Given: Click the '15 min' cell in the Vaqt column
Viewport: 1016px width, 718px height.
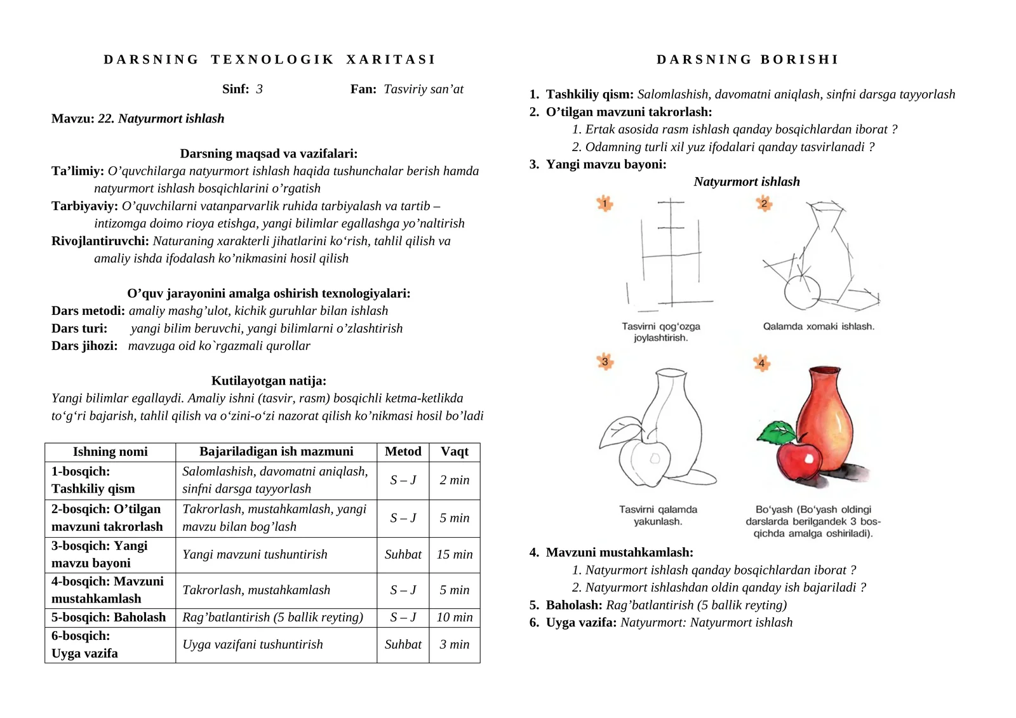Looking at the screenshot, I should pyautogui.click(x=455, y=554).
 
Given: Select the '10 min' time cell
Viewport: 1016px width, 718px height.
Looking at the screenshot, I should pyautogui.click(x=455, y=617).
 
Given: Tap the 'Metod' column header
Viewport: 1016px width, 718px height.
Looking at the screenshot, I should pyautogui.click(x=403, y=451).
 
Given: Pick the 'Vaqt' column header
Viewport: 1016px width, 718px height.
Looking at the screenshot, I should pyautogui.click(x=455, y=451).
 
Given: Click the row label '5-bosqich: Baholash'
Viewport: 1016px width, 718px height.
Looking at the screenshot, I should pyautogui.click(x=109, y=617).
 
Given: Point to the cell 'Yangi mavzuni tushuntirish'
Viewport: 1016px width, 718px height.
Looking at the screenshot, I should pyautogui.click(x=255, y=554).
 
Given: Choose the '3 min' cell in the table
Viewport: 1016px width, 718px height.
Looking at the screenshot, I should pyautogui.click(x=455, y=644).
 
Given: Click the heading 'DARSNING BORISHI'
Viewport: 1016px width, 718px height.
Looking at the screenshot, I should pyautogui.click(x=747, y=60).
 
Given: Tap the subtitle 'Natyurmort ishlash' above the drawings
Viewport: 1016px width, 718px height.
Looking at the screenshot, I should pyautogui.click(x=747, y=182).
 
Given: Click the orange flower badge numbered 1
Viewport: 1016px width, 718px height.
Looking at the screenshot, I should pyautogui.click(x=605, y=204).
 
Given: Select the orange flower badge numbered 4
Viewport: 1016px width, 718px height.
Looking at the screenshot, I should pyautogui.click(x=761, y=363).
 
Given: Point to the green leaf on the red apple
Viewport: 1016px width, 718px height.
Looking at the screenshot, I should pyautogui.click(x=777, y=432).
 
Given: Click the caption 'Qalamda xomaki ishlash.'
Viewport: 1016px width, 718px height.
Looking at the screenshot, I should pyautogui.click(x=819, y=326).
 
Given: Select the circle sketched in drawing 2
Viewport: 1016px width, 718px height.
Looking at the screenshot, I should pyautogui.click(x=802, y=292).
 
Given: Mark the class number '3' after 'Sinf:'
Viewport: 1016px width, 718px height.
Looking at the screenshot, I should pyautogui.click(x=259, y=89).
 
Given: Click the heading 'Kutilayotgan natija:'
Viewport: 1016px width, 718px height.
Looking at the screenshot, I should pyautogui.click(x=269, y=381).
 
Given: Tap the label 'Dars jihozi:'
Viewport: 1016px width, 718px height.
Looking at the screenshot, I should pyautogui.click(x=84, y=346).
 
